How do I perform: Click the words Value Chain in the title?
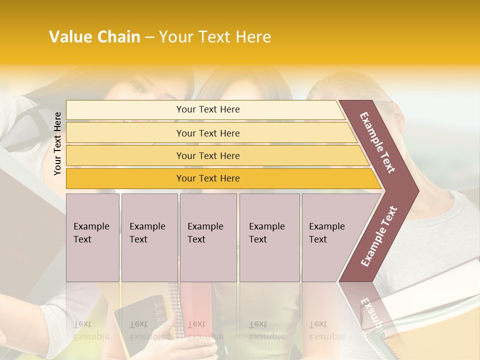click(94, 37)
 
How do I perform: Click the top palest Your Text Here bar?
click(207, 109)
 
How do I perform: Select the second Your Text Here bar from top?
click(207, 133)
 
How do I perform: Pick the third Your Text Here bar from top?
click(207, 155)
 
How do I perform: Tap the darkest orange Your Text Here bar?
click(207, 178)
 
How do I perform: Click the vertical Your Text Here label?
click(57, 143)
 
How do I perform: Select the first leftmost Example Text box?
click(92, 237)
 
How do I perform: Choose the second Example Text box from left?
click(149, 237)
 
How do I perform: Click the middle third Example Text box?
click(208, 237)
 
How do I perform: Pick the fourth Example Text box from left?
click(269, 237)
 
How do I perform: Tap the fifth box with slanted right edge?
click(330, 237)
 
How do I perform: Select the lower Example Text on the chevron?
click(379, 236)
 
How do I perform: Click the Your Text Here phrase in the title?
click(215, 37)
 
